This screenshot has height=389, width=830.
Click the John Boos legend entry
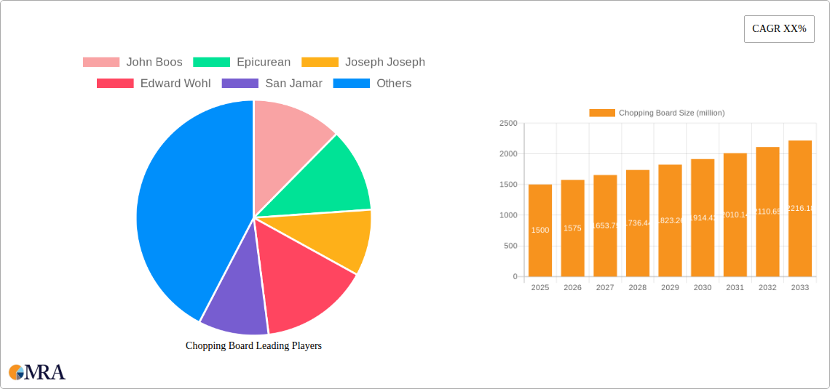coord(133,63)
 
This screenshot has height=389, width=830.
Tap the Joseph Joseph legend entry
coord(363,63)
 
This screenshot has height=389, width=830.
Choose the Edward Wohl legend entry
coord(154,84)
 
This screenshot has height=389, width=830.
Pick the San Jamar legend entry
coord(272,84)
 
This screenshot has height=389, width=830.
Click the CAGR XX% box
coord(779,29)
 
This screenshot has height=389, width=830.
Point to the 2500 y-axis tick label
coord(507,124)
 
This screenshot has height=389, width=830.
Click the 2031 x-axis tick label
coord(735,287)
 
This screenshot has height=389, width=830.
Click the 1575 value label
coord(572,228)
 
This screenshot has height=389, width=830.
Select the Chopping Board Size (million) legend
coord(657,113)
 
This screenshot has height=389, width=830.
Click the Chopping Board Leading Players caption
coord(253,346)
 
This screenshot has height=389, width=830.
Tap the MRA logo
coord(37,372)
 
